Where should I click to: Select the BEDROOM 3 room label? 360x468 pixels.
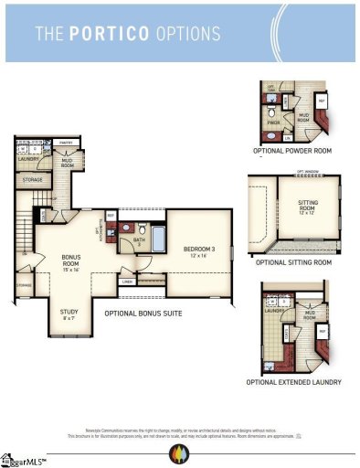click(199, 249)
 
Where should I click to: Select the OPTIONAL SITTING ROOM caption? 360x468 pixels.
click(293, 262)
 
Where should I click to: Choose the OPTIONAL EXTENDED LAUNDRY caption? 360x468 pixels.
click(293, 382)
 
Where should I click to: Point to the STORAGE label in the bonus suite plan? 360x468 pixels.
click(32, 180)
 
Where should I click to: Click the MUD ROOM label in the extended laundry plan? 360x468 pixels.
click(309, 315)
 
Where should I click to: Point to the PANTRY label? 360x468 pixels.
click(66, 143)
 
